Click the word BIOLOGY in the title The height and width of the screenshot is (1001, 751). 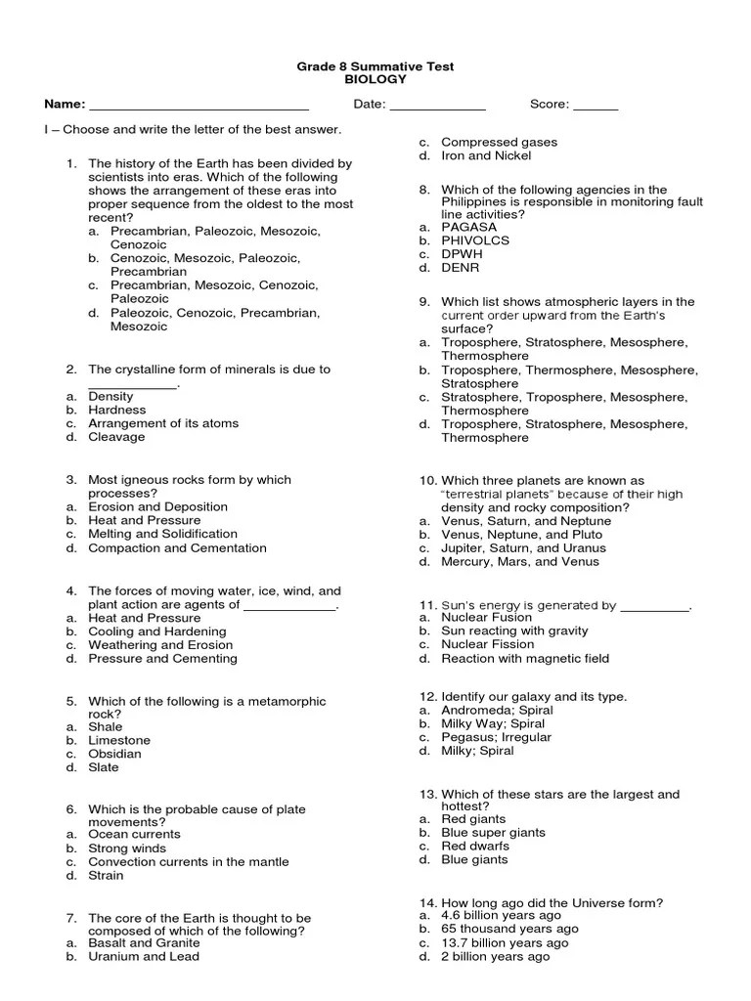click(375, 80)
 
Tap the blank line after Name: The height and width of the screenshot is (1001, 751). click(199, 107)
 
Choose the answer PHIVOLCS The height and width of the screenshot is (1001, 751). click(475, 240)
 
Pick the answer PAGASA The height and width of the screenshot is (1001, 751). click(469, 227)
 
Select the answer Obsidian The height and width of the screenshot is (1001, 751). click(114, 754)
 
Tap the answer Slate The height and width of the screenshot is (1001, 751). click(104, 767)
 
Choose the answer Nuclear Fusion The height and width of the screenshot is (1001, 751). click(486, 618)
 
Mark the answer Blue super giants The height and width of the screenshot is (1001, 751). click(493, 833)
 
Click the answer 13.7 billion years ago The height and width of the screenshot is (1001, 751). click(504, 943)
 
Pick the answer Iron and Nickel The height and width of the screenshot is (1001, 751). click(486, 155)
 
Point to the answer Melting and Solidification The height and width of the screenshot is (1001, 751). click(162, 534)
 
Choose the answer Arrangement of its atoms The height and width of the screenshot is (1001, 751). click(162, 423)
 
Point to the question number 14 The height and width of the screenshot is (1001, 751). click(427, 902)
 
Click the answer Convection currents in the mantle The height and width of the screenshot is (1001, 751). click(189, 862)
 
